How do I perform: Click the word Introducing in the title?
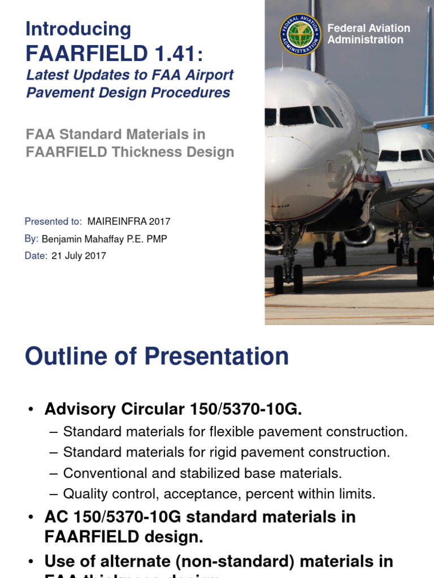point(78,29)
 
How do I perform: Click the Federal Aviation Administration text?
point(368,34)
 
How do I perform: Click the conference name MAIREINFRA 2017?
point(129,222)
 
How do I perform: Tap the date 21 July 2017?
point(79,256)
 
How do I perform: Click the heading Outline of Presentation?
point(157,357)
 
